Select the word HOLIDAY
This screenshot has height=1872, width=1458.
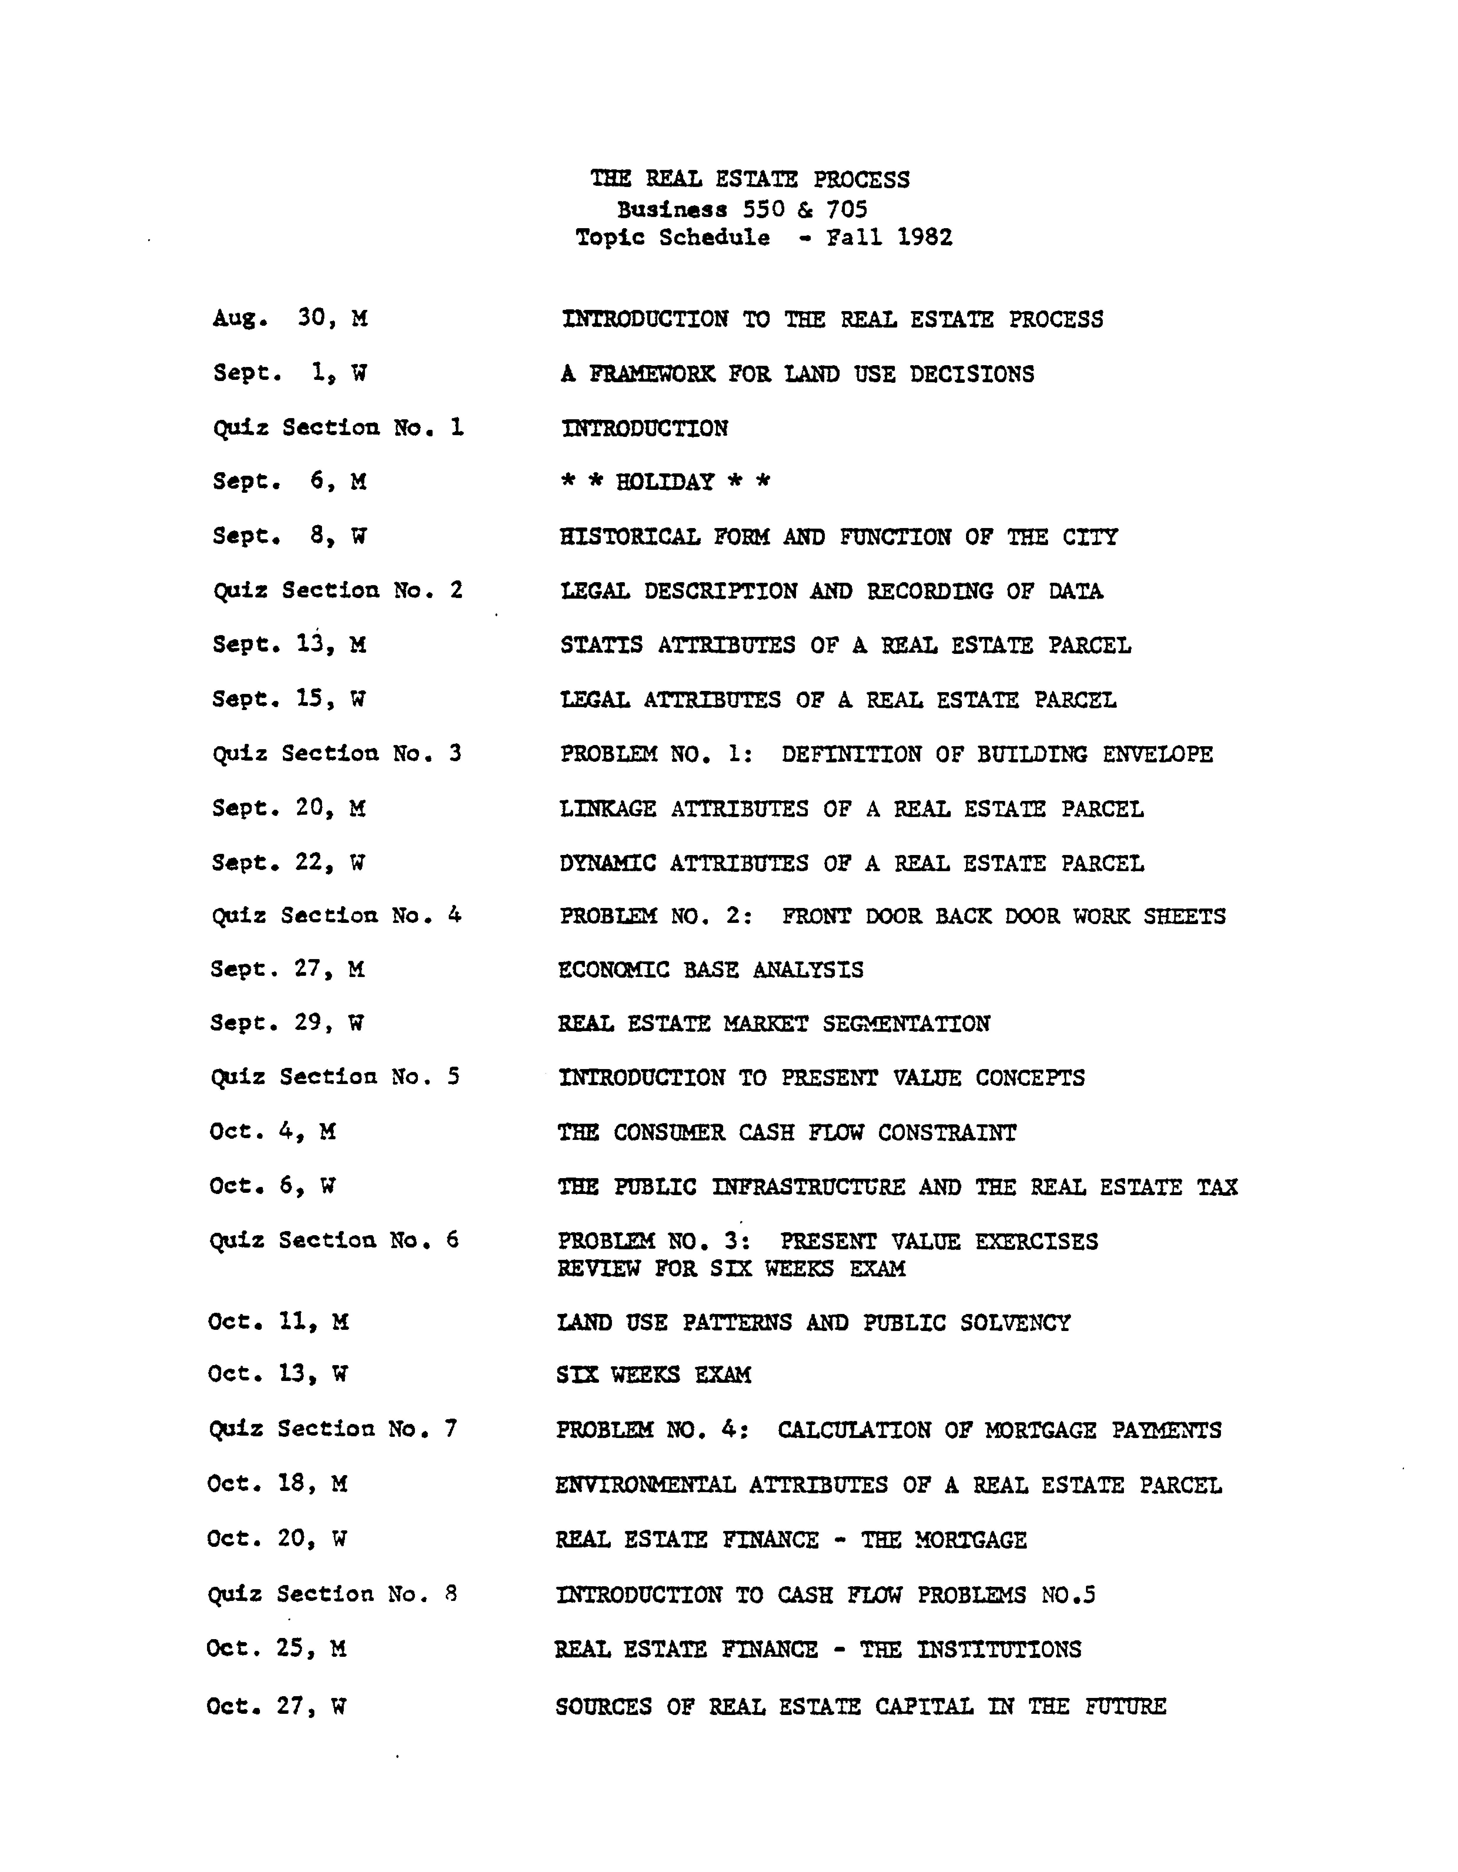(x=665, y=482)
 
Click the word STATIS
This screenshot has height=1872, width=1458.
(x=601, y=644)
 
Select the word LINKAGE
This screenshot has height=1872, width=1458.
(x=608, y=808)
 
